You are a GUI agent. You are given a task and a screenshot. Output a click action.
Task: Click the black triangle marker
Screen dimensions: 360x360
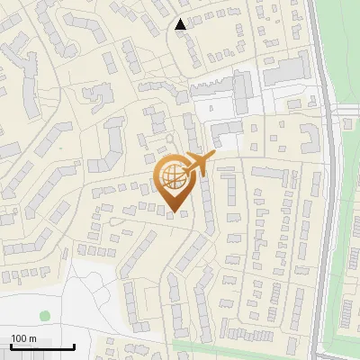[x=182, y=24]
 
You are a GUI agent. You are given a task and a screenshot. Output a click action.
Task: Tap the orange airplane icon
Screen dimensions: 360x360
[x=200, y=164]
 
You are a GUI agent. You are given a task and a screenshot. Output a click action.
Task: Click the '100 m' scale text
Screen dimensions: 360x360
[x=23, y=338]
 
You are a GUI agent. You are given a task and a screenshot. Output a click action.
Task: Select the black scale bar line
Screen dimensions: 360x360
[x=41, y=346]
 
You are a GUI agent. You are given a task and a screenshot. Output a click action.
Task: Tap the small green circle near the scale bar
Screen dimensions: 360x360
[x=45, y=316]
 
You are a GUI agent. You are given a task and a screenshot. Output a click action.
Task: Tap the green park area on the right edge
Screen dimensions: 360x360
[x=346, y=225]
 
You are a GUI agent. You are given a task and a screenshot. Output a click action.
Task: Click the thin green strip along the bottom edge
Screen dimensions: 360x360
[x=243, y=346]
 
